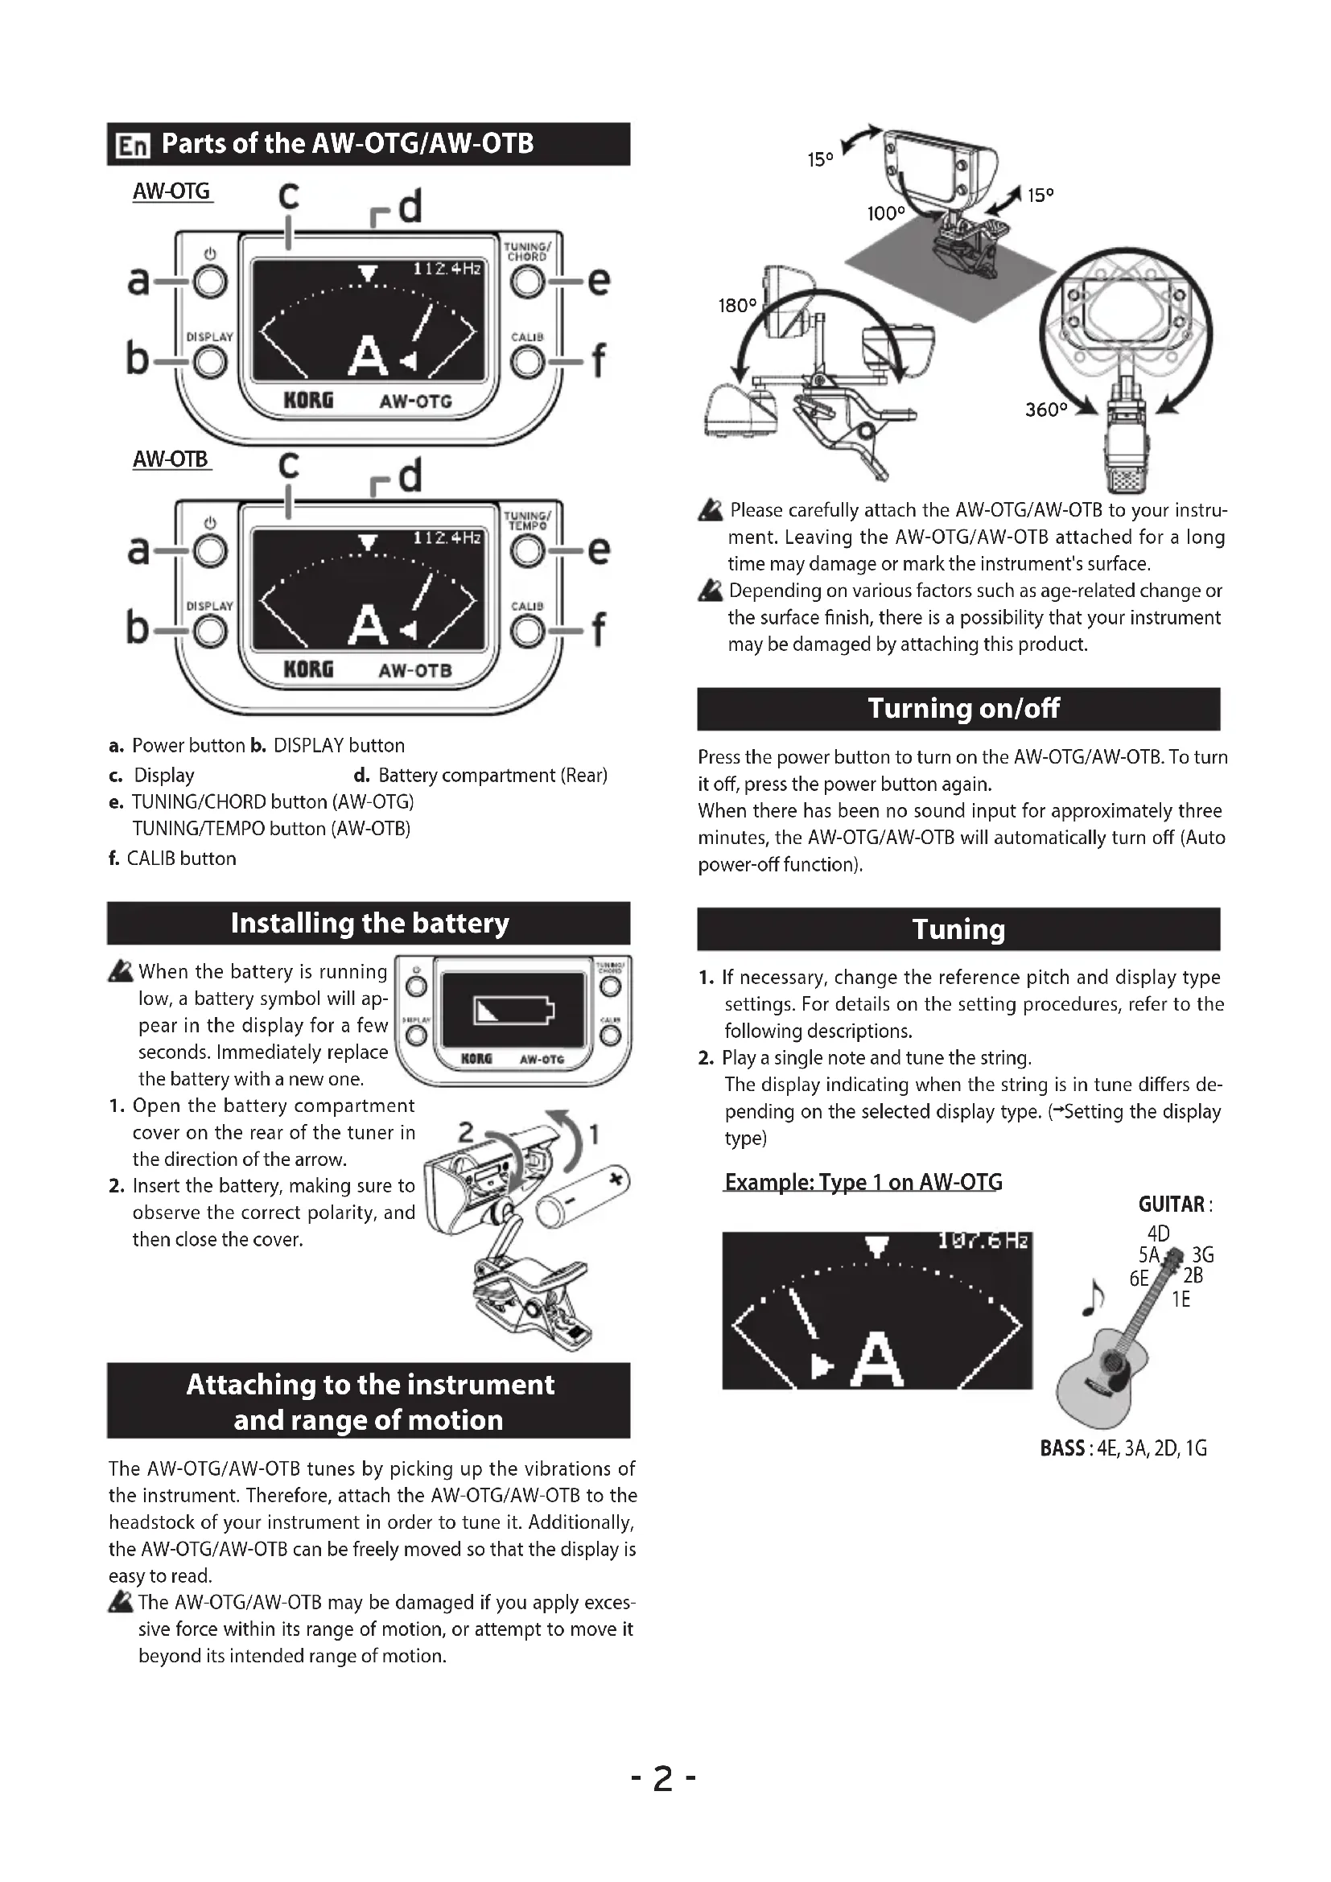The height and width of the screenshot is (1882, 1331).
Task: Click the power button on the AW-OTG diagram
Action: click(211, 281)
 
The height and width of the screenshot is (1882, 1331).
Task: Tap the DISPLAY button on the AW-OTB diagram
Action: click(211, 629)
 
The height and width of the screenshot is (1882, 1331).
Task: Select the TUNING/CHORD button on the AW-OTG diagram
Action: click(527, 281)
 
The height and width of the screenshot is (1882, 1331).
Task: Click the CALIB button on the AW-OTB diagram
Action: click(527, 629)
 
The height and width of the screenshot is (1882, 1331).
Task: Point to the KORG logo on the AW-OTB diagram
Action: click(308, 669)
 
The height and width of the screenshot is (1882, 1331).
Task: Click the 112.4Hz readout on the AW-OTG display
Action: click(447, 269)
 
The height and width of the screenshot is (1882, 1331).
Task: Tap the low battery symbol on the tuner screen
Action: click(514, 1010)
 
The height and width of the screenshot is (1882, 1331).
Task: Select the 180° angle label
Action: click(737, 306)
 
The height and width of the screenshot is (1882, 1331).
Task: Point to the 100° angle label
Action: click(886, 214)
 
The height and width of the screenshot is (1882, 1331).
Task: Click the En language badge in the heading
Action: click(133, 145)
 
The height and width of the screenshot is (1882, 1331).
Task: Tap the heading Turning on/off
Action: click(963, 708)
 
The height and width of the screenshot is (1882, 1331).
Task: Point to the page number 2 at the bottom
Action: click(663, 1778)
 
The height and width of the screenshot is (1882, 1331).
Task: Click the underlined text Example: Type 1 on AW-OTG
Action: click(863, 1182)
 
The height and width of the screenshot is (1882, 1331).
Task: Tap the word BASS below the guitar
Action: click(1062, 1448)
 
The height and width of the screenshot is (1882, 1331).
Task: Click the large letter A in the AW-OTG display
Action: click(368, 356)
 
